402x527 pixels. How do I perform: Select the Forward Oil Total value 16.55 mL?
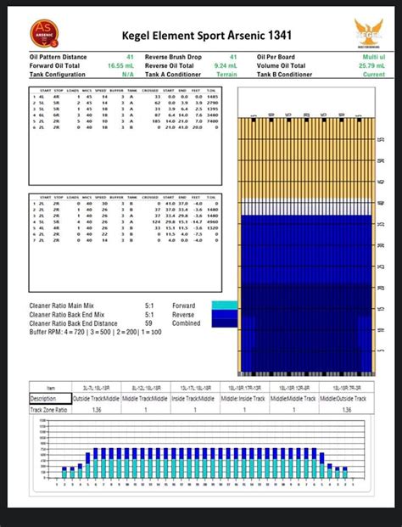coord(120,64)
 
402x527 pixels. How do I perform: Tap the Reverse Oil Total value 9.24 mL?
coord(225,64)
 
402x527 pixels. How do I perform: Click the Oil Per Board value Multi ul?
coord(373,56)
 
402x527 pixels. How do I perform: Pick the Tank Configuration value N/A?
coord(127,74)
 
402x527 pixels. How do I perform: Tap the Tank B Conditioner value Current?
coord(373,74)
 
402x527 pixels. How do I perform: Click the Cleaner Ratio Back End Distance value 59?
coord(149,322)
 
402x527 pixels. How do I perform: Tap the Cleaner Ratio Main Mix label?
coord(73,306)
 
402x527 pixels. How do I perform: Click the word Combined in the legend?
coord(186,322)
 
